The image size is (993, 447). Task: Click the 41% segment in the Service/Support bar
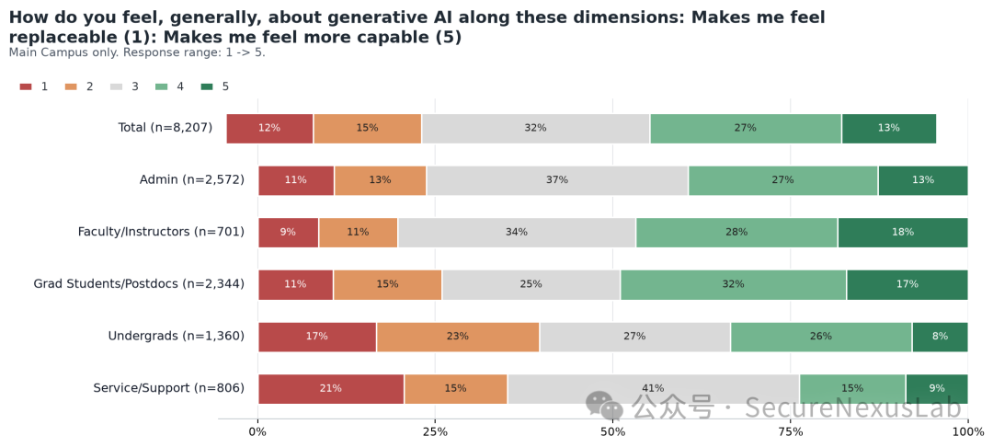[654, 389]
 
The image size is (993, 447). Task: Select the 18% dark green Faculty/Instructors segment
[903, 233]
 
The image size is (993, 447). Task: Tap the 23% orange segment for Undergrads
[458, 337]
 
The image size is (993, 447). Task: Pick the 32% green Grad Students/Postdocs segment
[734, 284]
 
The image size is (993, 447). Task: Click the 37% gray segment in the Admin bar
[557, 180]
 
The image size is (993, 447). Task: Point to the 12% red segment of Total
[269, 129]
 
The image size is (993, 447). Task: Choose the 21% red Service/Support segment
[331, 389]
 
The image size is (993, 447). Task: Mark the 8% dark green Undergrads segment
[940, 337]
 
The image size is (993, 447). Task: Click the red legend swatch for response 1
[26, 86]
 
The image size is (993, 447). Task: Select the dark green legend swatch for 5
[207, 86]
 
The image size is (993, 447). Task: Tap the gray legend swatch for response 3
[117, 86]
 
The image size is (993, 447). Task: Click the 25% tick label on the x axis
[435, 431]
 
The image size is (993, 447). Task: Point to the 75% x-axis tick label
[791, 431]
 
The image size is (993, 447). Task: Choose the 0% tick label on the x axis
[257, 431]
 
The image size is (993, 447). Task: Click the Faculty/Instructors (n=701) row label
[161, 233]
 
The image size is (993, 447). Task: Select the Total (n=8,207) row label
[165, 128]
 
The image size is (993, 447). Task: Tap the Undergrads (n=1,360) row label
[176, 337]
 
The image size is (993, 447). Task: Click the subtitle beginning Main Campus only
[137, 52]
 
